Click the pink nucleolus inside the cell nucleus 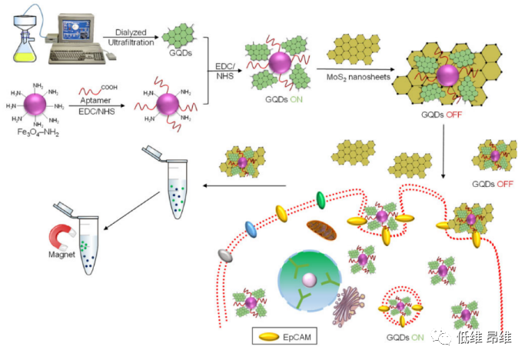coord(307,277)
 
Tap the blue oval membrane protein coord(251,228)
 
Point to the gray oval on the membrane coord(225,254)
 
